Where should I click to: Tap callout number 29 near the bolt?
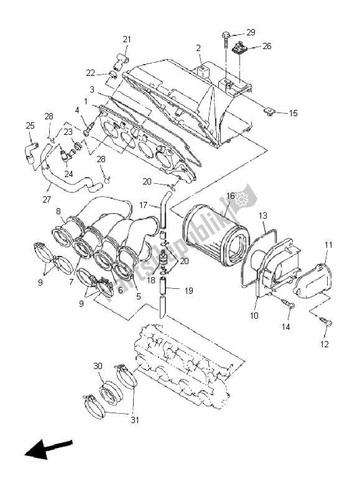pyautogui.click(x=250, y=32)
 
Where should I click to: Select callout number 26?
pyautogui.click(x=267, y=46)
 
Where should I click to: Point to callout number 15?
pyautogui.click(x=293, y=113)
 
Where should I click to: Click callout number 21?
pyautogui.click(x=127, y=40)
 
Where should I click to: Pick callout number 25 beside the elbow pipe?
pyautogui.click(x=30, y=126)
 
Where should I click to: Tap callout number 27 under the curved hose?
pyautogui.click(x=47, y=199)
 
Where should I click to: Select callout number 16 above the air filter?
pyautogui.click(x=230, y=196)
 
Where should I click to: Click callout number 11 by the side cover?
pyautogui.click(x=328, y=245)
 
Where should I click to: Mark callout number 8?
pyautogui.click(x=58, y=211)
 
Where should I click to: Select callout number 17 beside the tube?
pyautogui.click(x=142, y=204)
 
